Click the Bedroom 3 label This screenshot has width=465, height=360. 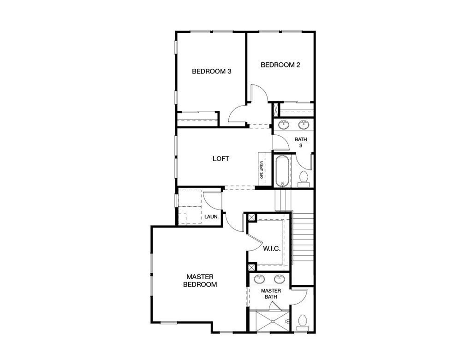[211, 71]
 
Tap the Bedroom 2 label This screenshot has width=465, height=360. [280, 65]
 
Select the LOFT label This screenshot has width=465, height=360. [221, 158]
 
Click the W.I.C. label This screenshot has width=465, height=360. [272, 248]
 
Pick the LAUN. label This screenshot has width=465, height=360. [211, 216]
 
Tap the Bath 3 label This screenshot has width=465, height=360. [301, 142]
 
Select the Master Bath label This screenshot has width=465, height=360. [271, 294]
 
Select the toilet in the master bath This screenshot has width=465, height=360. [303, 323]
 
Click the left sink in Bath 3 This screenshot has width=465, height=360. [284, 124]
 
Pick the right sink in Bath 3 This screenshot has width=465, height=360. [304, 124]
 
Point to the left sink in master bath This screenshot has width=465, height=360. [259, 279]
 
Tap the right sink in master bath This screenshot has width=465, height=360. [280, 279]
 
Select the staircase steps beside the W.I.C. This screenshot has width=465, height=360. [303, 236]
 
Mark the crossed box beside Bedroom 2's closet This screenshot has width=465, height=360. [276, 110]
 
